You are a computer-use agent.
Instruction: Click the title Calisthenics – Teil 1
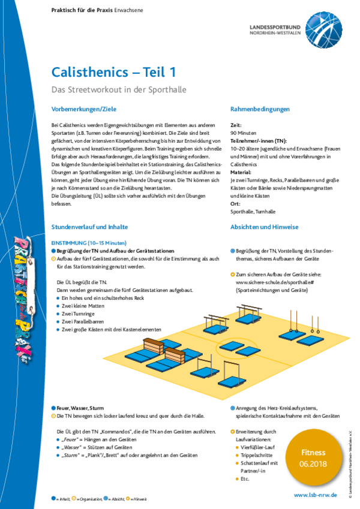tap(113, 72)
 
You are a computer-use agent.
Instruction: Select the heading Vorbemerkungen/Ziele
tap(83, 109)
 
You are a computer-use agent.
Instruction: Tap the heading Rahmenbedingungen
tap(260, 109)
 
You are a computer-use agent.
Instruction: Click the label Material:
tap(241, 171)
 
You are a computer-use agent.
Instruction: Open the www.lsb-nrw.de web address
tap(315, 495)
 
